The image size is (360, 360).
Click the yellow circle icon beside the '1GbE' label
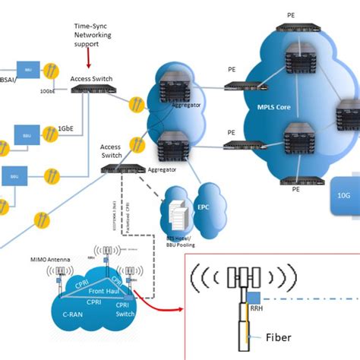[49, 135]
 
